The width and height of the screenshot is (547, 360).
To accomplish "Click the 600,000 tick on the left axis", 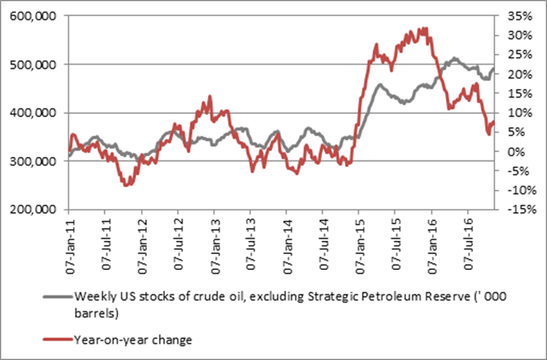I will click(x=35, y=16).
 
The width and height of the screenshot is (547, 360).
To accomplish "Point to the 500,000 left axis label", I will click(x=35, y=65).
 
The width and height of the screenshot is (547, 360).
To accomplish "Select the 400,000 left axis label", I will click(x=35, y=113).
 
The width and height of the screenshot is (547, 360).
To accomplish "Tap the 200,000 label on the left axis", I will click(x=35, y=209).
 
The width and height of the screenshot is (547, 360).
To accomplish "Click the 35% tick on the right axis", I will click(x=512, y=16).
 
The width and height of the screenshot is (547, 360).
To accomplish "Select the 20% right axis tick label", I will click(x=512, y=74).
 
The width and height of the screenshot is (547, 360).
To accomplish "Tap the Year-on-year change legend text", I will click(x=133, y=340).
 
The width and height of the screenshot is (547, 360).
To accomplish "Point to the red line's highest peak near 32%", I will click(x=424, y=28).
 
